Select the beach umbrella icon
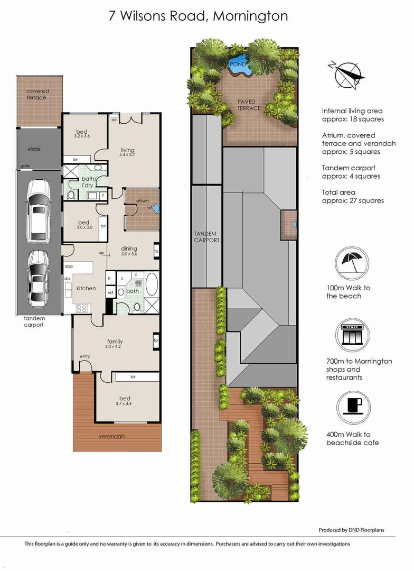[348, 264]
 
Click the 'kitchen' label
[86, 288]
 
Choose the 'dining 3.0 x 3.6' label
[129, 251]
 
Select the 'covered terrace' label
[36, 94]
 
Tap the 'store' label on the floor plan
[34, 149]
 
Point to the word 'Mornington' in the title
[250, 16]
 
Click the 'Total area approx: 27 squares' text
[353, 196]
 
